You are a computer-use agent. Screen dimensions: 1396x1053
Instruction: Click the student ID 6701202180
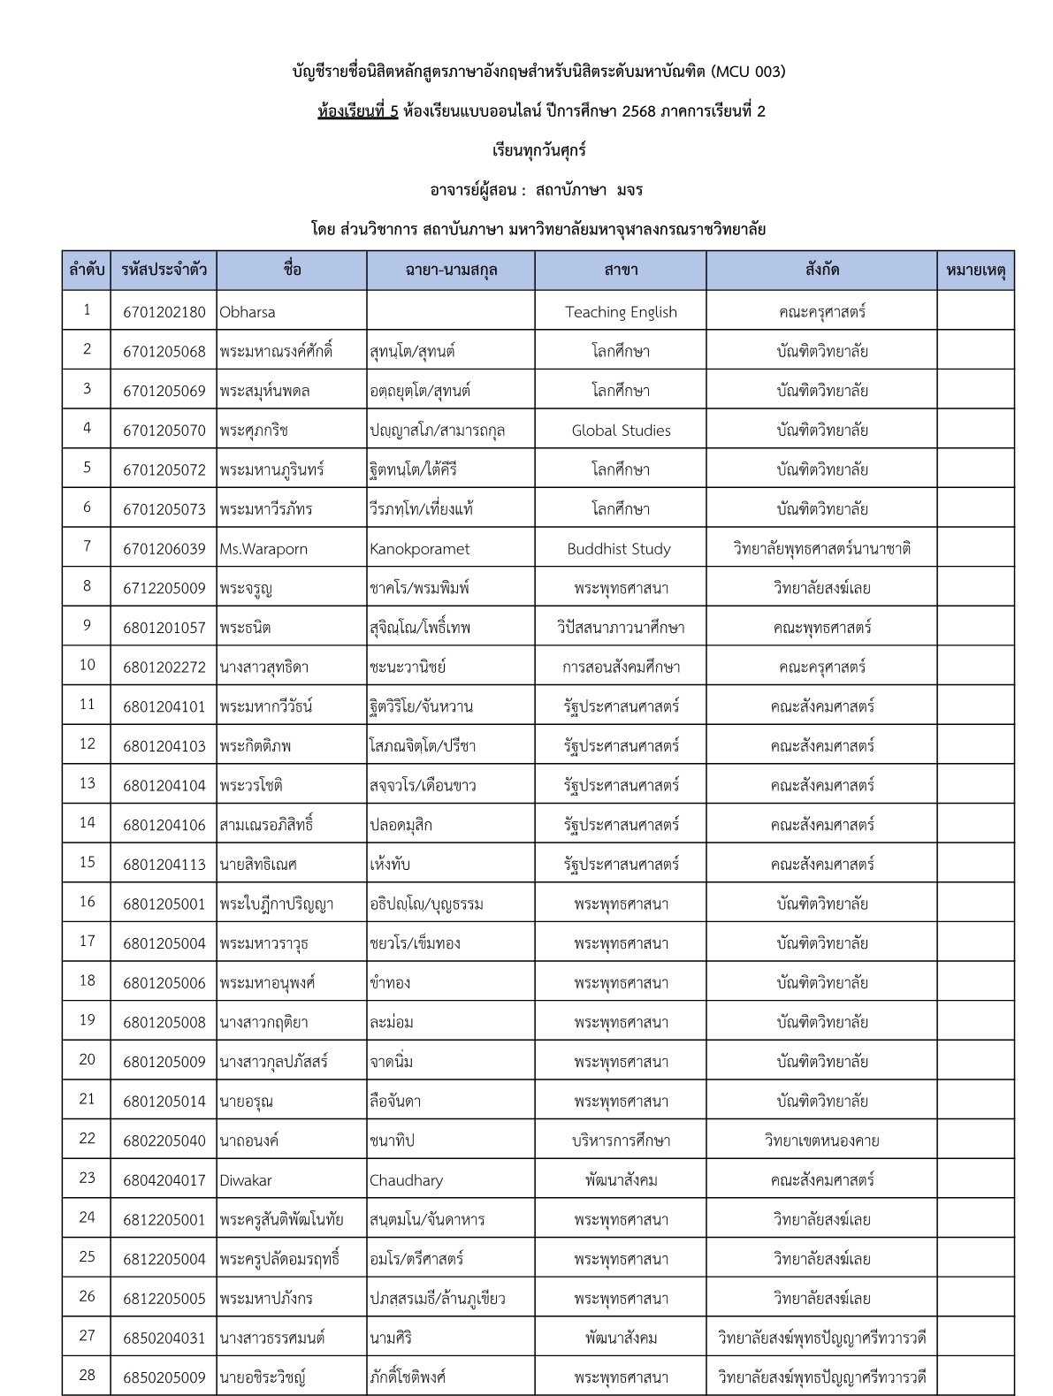164,312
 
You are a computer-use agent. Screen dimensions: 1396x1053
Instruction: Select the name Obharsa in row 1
248,312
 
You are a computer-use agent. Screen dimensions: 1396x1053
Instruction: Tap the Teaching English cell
621,312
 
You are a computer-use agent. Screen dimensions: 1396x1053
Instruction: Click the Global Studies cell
621,431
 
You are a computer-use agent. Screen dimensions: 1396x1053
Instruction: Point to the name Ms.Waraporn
263,549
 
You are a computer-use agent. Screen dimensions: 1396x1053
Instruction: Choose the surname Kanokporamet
419,549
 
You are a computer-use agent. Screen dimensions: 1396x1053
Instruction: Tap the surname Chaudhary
406,1180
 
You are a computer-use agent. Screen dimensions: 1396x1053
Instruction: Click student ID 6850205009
164,1377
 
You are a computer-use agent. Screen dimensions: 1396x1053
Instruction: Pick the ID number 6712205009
164,588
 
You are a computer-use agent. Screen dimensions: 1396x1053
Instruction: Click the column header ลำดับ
87,271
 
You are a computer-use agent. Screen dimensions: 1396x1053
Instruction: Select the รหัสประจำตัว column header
164,271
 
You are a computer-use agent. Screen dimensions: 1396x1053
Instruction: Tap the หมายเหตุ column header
975,271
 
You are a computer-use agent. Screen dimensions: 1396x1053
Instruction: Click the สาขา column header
621,271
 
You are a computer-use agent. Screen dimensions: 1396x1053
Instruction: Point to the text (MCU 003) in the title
747,72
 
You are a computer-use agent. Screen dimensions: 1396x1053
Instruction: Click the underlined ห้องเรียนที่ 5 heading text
358,111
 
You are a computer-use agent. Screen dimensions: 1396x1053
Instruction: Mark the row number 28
87,1376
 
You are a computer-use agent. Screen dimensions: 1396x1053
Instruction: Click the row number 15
87,863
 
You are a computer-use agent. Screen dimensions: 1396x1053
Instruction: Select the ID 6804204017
164,1180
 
